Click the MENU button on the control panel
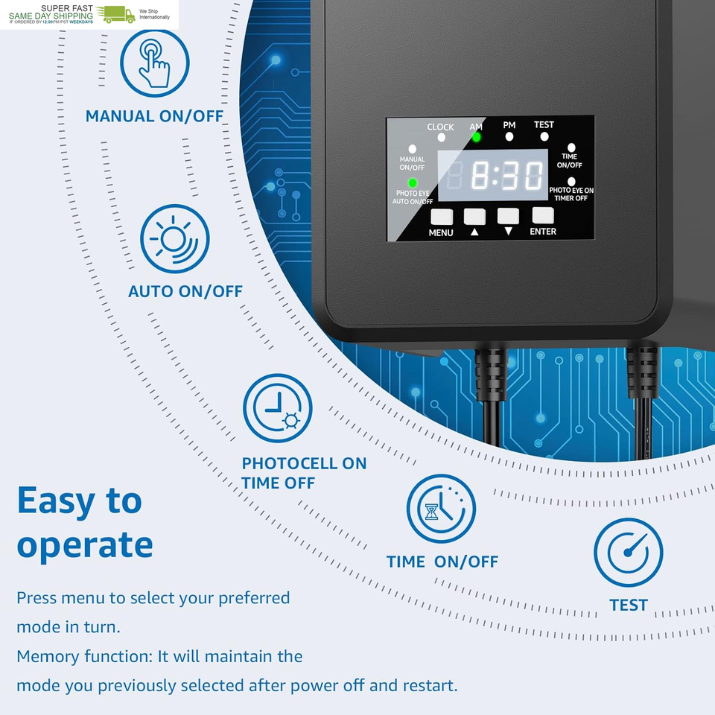(442, 217)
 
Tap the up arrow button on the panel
(474, 217)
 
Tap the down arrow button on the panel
(508, 216)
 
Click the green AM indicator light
(476, 137)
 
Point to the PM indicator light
(509, 137)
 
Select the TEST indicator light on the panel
(544, 137)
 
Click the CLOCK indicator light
(441, 138)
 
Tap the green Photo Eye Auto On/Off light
(413, 183)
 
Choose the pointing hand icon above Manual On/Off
(155, 63)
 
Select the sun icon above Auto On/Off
(174, 239)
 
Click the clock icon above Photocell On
(277, 408)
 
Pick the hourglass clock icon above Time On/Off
(441, 509)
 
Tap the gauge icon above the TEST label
(628, 553)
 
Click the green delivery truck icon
(119, 14)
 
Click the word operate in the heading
(85, 545)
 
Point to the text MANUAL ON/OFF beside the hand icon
(154, 116)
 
